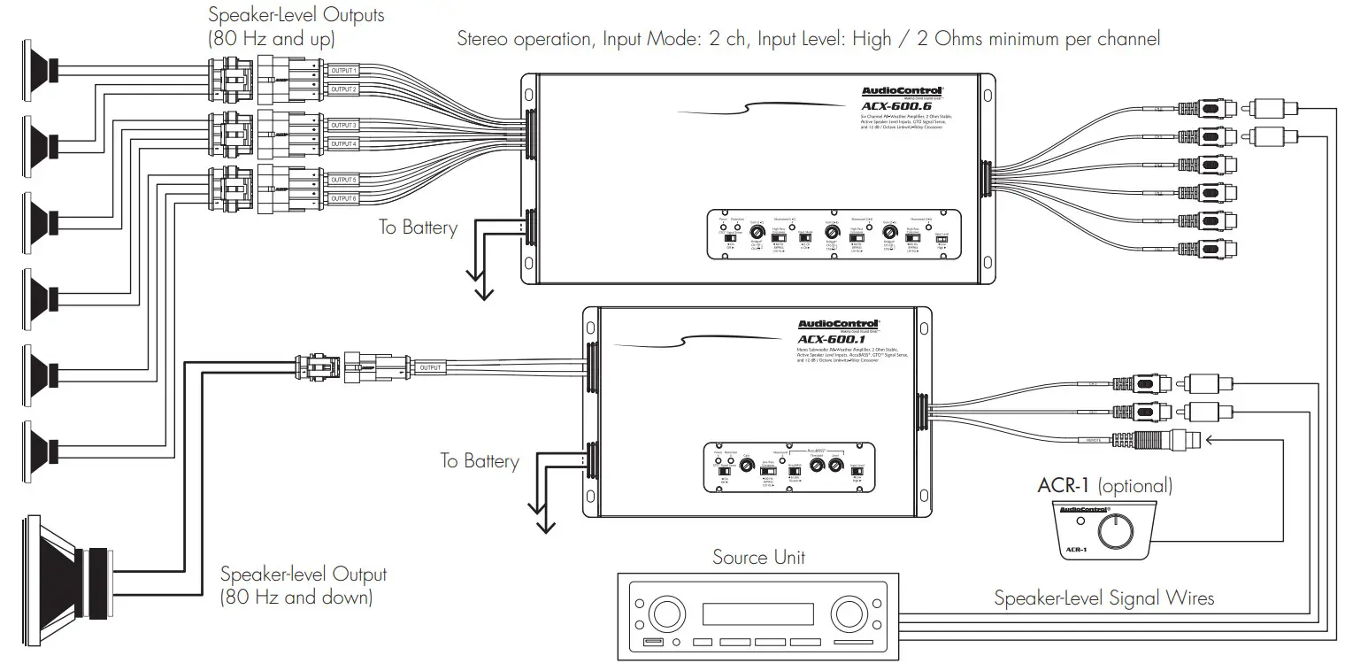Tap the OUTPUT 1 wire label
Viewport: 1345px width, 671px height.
coord(342,70)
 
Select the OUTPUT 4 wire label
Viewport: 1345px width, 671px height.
coord(342,143)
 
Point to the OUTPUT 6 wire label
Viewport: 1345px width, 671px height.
coord(342,198)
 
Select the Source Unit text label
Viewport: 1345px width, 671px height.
coord(758,558)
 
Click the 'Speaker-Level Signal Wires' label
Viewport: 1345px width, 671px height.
coord(1103,598)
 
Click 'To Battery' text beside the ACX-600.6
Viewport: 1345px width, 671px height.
coord(419,228)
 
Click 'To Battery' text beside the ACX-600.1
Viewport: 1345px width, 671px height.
coord(480,460)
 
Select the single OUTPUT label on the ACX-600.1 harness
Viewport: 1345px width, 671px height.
coord(431,367)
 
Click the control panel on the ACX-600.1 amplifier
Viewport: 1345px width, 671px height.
coord(790,466)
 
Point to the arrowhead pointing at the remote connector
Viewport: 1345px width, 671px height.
coord(1210,437)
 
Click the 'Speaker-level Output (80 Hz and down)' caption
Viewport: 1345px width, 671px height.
coord(303,585)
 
